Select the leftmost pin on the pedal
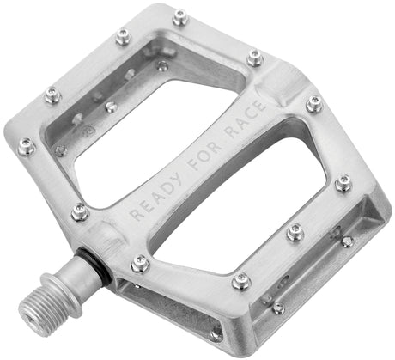(26, 146)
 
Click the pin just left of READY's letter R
(80, 211)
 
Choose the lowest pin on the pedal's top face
(241, 281)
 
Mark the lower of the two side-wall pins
(279, 308)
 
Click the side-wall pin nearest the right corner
(347, 241)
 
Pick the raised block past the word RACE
(284, 87)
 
